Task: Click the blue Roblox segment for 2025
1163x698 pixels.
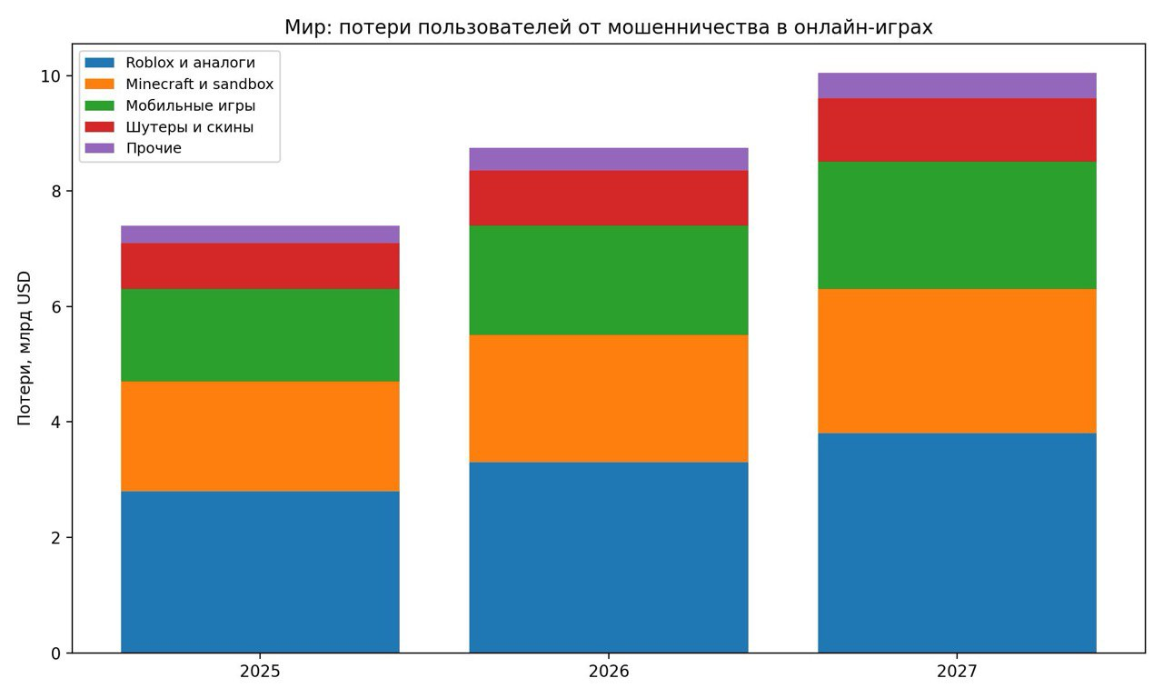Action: coord(260,572)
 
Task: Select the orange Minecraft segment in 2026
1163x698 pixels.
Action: coord(609,398)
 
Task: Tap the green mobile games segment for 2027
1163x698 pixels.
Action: coord(957,225)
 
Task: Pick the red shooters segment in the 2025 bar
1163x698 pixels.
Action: coord(260,266)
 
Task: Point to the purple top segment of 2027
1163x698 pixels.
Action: coord(957,85)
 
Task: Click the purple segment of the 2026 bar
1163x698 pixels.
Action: coord(609,159)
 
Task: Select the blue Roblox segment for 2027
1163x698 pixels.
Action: coord(957,543)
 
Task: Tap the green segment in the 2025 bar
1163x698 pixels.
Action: coord(260,334)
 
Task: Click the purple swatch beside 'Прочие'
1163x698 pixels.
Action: coord(99,148)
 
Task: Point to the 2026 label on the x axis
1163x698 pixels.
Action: coord(609,673)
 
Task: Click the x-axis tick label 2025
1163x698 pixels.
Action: coord(260,673)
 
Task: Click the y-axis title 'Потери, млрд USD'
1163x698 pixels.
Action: coord(25,349)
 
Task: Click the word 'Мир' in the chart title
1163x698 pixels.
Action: coord(302,28)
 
